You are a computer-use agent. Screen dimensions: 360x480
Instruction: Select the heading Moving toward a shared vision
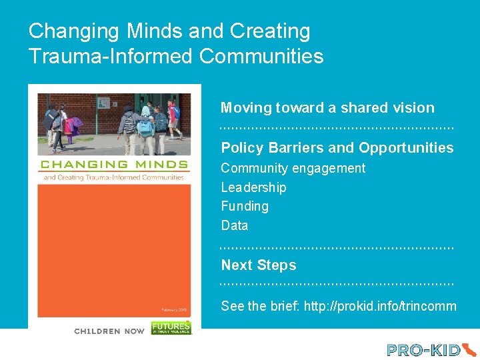pos(327,108)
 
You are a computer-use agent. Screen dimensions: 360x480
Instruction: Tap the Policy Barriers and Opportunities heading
pos(337,148)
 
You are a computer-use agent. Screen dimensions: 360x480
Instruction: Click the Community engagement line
pos(293,168)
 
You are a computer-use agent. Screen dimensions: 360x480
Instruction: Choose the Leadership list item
pos(253,187)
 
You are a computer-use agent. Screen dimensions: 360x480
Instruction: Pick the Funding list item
pos(245,207)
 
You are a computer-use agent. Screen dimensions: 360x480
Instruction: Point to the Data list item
pos(234,225)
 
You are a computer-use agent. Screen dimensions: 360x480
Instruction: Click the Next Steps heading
pos(258,265)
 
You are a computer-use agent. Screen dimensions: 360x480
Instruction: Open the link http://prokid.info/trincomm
pos(380,307)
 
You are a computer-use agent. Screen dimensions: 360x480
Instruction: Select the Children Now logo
pos(109,331)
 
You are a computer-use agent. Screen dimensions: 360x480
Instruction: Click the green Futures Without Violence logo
pos(171,327)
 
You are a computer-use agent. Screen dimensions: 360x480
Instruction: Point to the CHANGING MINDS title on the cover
pos(114,165)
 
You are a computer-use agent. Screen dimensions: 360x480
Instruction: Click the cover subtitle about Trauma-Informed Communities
pos(114,177)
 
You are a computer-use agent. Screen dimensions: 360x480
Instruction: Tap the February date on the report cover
pos(175,309)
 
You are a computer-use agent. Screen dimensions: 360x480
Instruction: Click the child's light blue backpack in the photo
pos(145,127)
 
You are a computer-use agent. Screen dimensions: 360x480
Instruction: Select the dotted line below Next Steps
pos(337,285)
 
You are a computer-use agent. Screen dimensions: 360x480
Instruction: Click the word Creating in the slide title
pos(270,31)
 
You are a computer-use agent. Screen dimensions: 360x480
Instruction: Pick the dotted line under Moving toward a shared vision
pos(337,127)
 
